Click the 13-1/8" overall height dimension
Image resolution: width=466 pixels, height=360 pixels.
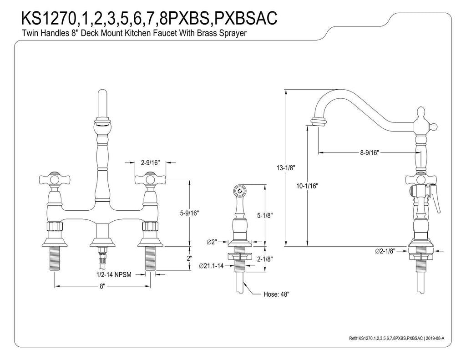click(286, 168)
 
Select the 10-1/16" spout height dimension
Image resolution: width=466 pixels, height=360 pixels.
click(307, 186)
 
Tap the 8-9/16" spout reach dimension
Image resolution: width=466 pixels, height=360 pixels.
click(370, 153)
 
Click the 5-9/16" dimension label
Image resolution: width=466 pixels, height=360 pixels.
click(189, 213)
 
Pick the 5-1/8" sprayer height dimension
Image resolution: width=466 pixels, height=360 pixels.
click(264, 215)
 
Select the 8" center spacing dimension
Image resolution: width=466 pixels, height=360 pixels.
click(102, 286)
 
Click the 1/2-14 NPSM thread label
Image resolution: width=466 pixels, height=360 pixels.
click(114, 275)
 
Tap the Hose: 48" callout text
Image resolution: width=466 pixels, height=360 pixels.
click(276, 294)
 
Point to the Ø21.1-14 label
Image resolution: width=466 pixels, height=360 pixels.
click(211, 266)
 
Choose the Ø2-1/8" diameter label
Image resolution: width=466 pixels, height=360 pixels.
click(385, 251)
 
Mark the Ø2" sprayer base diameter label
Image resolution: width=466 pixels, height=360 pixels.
click(212, 242)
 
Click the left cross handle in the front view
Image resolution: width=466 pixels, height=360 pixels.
click(55, 179)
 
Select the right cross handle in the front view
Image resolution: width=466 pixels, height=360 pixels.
click(150, 179)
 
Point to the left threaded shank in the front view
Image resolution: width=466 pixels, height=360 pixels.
click(55, 259)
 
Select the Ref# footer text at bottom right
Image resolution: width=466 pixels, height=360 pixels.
click(396, 338)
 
